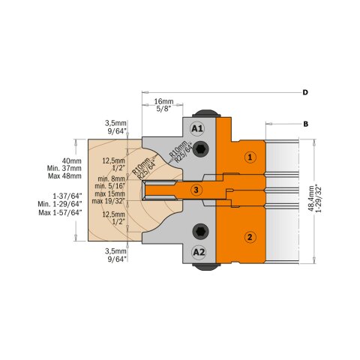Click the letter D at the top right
tap(305, 92)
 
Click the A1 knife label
tap(198, 128)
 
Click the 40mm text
tap(50, 160)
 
